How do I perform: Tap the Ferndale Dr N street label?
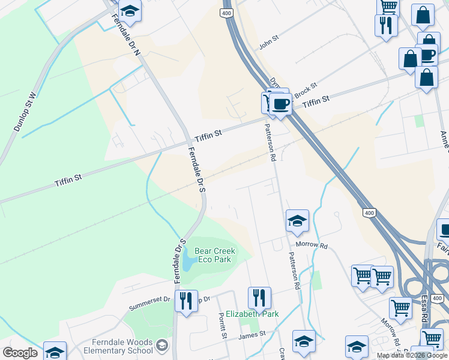pyautogui.click(x=126, y=36)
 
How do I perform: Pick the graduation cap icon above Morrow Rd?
pyautogui.click(x=297, y=221)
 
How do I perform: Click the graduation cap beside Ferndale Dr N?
pyautogui.click(x=130, y=10)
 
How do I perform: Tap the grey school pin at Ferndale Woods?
pyautogui.click(x=161, y=345)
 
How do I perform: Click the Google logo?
pyautogui.click(x=20, y=353)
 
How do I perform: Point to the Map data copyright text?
pyautogui.click(x=412, y=355)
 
